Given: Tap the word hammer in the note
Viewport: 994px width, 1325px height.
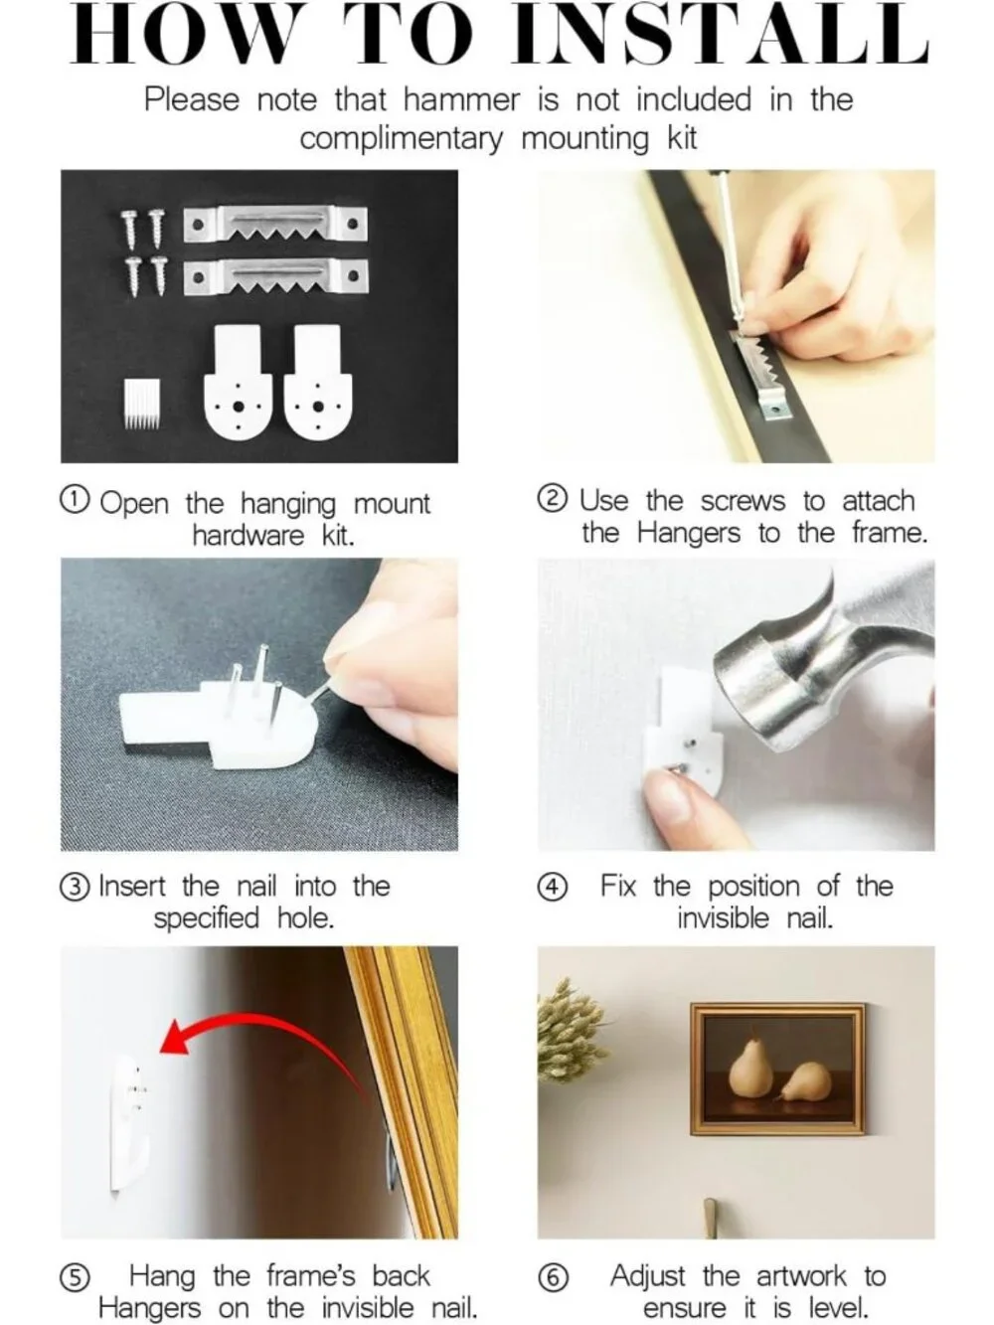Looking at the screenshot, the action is coord(461,99).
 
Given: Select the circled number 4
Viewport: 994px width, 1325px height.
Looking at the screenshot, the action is coord(553,888).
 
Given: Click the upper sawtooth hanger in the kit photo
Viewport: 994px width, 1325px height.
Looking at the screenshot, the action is coord(275,225).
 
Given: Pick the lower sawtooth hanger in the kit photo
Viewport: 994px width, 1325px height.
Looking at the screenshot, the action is coord(275,276).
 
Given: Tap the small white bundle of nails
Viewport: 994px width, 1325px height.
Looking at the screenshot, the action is coord(142,404).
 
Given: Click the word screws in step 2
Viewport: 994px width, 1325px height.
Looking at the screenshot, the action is coord(743,502).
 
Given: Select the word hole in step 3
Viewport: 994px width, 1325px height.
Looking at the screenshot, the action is coord(305,918).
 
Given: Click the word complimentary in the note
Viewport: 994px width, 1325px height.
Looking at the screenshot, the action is coord(402,139).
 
